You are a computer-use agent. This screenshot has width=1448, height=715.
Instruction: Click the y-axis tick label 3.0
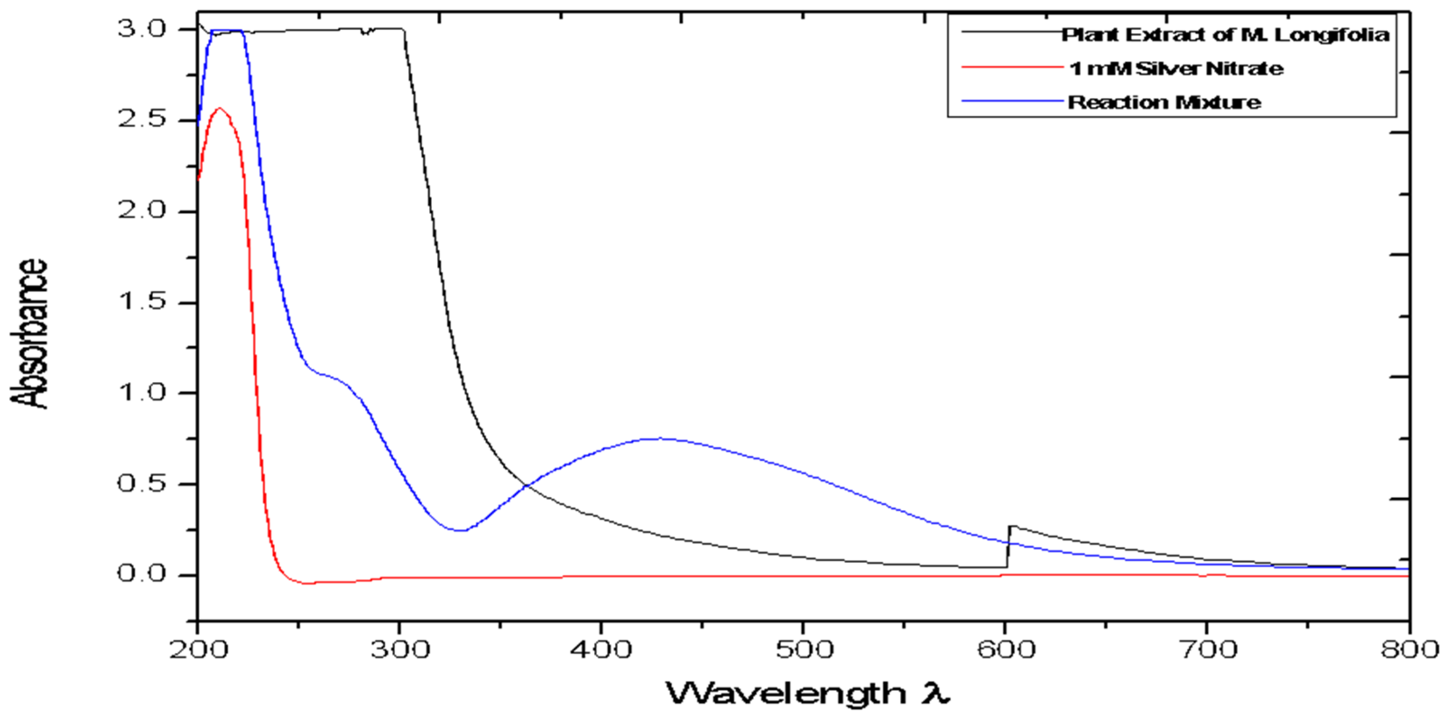(x=142, y=29)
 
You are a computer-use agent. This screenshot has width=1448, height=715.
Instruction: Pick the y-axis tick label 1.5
(x=142, y=302)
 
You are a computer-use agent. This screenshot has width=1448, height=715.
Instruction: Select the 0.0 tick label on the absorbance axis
(x=142, y=574)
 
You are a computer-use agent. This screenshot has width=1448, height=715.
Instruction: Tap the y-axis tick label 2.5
(x=142, y=120)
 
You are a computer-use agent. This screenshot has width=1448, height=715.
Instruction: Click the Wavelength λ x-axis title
(x=807, y=693)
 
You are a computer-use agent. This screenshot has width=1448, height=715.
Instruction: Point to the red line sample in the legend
(x=1012, y=67)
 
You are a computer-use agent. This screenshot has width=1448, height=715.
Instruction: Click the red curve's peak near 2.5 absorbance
(x=220, y=108)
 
